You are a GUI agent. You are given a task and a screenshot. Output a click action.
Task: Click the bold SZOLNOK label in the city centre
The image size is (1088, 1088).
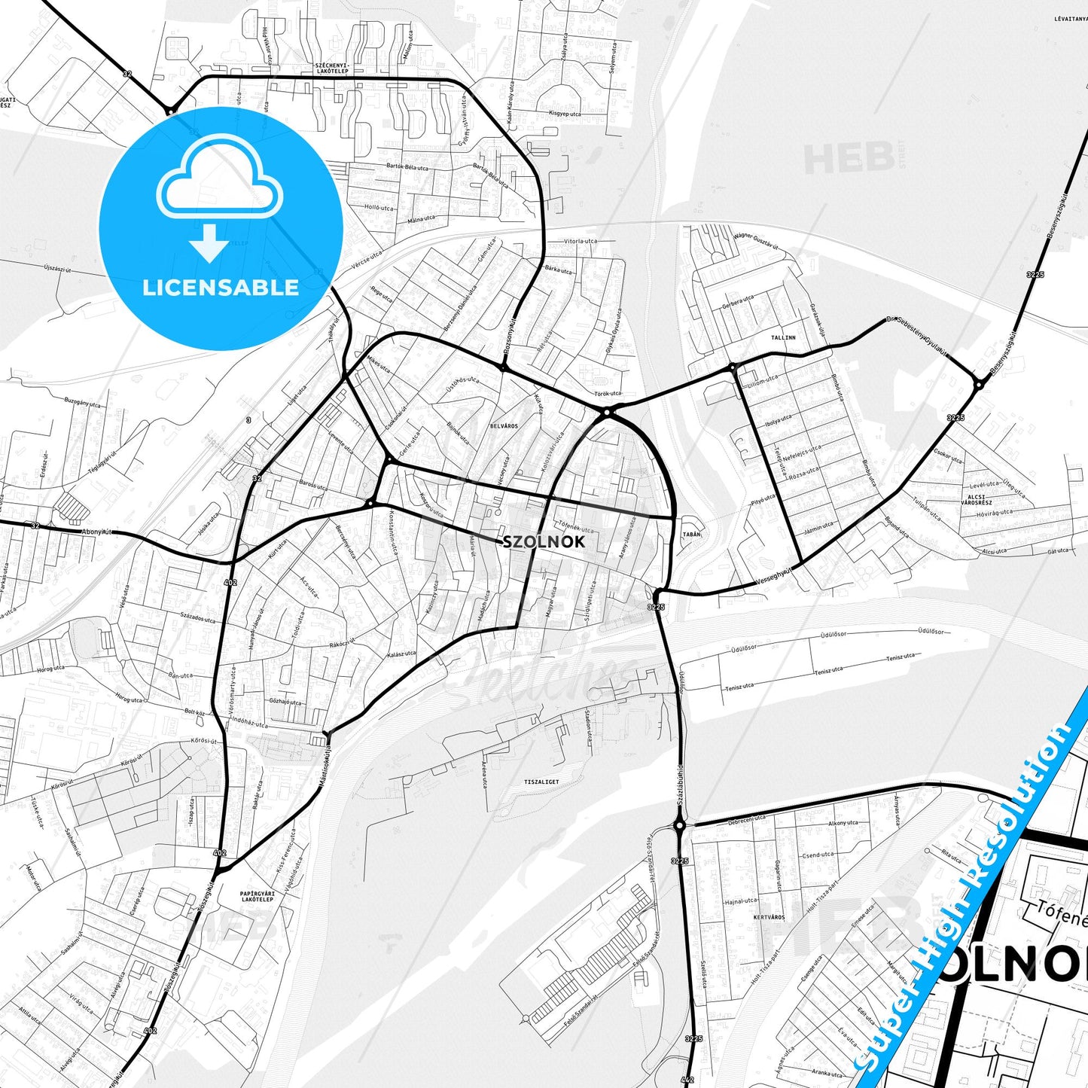click(x=543, y=541)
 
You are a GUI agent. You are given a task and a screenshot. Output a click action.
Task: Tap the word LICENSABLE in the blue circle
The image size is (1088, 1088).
click(x=221, y=287)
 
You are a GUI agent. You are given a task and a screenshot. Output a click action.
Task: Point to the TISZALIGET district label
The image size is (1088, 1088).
click(x=541, y=782)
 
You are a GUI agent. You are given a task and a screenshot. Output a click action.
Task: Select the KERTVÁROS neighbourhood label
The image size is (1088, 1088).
click(x=769, y=917)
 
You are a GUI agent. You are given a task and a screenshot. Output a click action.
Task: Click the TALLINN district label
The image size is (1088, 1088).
click(x=783, y=337)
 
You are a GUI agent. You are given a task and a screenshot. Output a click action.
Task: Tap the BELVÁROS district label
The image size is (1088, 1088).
click(x=504, y=426)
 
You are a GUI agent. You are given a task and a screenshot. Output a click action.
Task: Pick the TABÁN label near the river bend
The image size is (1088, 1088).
click(x=690, y=534)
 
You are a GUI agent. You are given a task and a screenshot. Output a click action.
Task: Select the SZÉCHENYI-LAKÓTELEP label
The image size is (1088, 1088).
click(x=332, y=68)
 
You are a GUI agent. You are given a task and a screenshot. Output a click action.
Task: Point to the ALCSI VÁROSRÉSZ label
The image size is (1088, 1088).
click(x=980, y=499)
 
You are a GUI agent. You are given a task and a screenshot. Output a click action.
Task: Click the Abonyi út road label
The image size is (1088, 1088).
click(x=96, y=532)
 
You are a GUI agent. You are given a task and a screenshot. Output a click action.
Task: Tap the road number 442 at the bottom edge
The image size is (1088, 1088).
click(x=687, y=1080)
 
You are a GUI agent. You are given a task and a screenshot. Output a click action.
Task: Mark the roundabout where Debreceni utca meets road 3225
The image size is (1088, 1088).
click(x=679, y=826)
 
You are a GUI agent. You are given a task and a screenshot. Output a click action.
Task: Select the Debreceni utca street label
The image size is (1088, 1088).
click(x=747, y=818)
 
